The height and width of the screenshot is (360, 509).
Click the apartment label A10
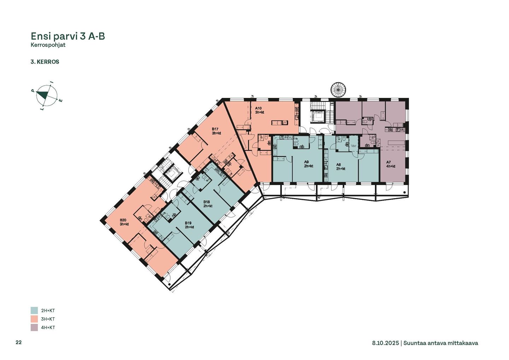click(258, 108)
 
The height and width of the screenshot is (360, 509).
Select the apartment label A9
click(306, 162)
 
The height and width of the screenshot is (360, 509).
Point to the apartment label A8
click(339, 164)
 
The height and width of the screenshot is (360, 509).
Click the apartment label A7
click(388, 162)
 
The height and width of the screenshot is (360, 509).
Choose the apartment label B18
click(206, 202)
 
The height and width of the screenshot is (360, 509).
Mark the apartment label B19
click(188, 223)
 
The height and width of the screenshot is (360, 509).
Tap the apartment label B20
click(123, 220)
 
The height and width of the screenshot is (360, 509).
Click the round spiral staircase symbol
click(338, 90)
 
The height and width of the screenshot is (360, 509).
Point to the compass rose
click(47, 96)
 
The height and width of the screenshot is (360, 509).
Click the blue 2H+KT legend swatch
click(34, 310)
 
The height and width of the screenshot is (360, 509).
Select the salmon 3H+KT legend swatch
click(34, 319)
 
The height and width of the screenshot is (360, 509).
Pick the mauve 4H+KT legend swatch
click(34, 327)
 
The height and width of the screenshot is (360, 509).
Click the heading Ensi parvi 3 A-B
click(68, 36)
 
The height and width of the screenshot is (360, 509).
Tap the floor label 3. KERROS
click(45, 62)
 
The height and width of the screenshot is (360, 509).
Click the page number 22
click(19, 342)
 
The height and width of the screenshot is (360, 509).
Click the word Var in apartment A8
click(353, 146)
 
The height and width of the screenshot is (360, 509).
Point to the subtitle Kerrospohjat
click(48, 45)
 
